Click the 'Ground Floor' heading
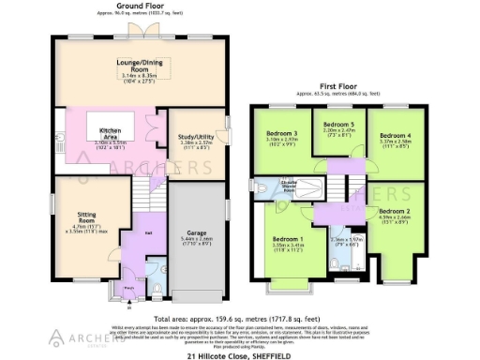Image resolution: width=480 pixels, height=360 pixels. pos(141,5)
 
